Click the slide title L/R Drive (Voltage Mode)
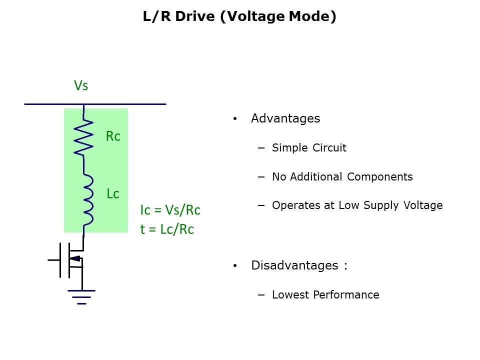click(239, 17)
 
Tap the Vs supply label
click(81, 85)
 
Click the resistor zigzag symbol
click(83, 136)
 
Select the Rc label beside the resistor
click(113, 136)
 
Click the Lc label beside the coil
click(113, 194)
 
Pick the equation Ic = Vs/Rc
click(170, 210)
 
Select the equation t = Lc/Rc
click(167, 229)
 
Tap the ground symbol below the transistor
click(81, 296)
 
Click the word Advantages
click(285, 118)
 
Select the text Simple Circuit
click(309, 148)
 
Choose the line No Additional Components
click(342, 177)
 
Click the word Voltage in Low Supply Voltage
click(423, 205)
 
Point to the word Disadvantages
click(295, 265)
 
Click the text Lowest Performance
click(325, 295)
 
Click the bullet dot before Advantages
click(235, 119)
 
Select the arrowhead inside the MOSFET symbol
click(75, 258)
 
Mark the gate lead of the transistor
click(54, 260)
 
